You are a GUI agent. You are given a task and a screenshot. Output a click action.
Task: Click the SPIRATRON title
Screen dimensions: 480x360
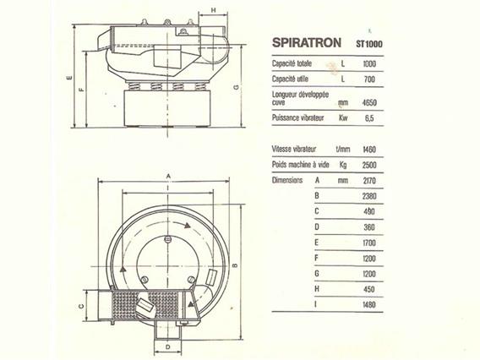pyautogui.click(x=307, y=42)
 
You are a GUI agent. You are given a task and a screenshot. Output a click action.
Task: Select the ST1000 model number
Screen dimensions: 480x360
pyautogui.click(x=369, y=44)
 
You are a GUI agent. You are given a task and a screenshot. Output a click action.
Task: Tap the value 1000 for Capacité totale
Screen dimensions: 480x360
pyautogui.click(x=369, y=63)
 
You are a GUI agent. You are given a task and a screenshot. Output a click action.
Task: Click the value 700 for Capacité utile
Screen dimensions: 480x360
pyautogui.click(x=369, y=79)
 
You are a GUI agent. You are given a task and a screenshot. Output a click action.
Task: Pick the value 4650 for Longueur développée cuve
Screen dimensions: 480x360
pyautogui.click(x=369, y=102)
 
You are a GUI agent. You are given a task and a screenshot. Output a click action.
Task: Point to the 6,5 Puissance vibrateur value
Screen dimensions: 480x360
pyautogui.click(x=369, y=117)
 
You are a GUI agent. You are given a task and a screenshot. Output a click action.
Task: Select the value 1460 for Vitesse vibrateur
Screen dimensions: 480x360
pyautogui.click(x=369, y=150)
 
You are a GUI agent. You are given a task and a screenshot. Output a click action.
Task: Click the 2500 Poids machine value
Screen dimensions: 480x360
pyautogui.click(x=369, y=165)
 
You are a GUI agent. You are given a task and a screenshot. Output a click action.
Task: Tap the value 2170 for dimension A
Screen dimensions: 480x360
pyautogui.click(x=369, y=181)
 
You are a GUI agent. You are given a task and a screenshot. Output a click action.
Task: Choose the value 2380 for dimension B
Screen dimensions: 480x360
pyautogui.click(x=369, y=196)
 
